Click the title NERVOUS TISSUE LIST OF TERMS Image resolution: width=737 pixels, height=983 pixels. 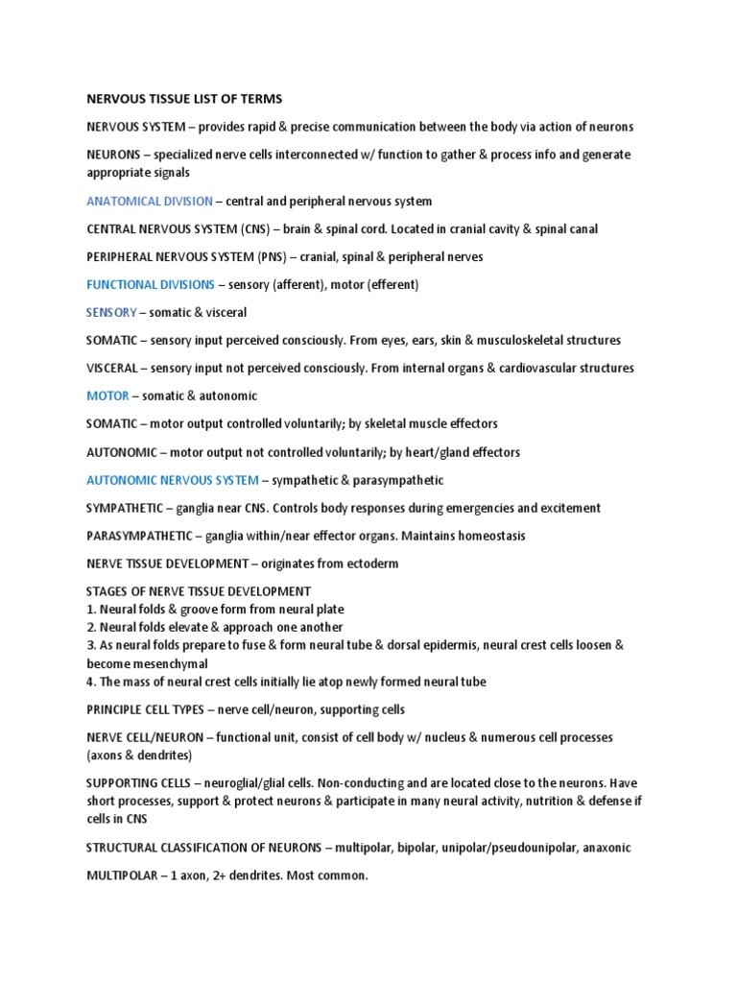[x=184, y=99]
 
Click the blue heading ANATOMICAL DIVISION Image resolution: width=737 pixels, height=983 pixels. [x=150, y=202]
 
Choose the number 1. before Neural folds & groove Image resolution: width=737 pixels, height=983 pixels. [x=91, y=610]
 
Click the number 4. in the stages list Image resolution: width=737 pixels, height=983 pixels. [x=91, y=683]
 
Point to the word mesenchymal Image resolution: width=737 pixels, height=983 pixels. [x=180, y=664]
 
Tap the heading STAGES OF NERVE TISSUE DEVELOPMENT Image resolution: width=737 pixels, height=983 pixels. [x=199, y=591]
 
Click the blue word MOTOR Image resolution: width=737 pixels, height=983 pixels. [x=107, y=396]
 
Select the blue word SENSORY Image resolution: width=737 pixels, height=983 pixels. [x=111, y=313]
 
